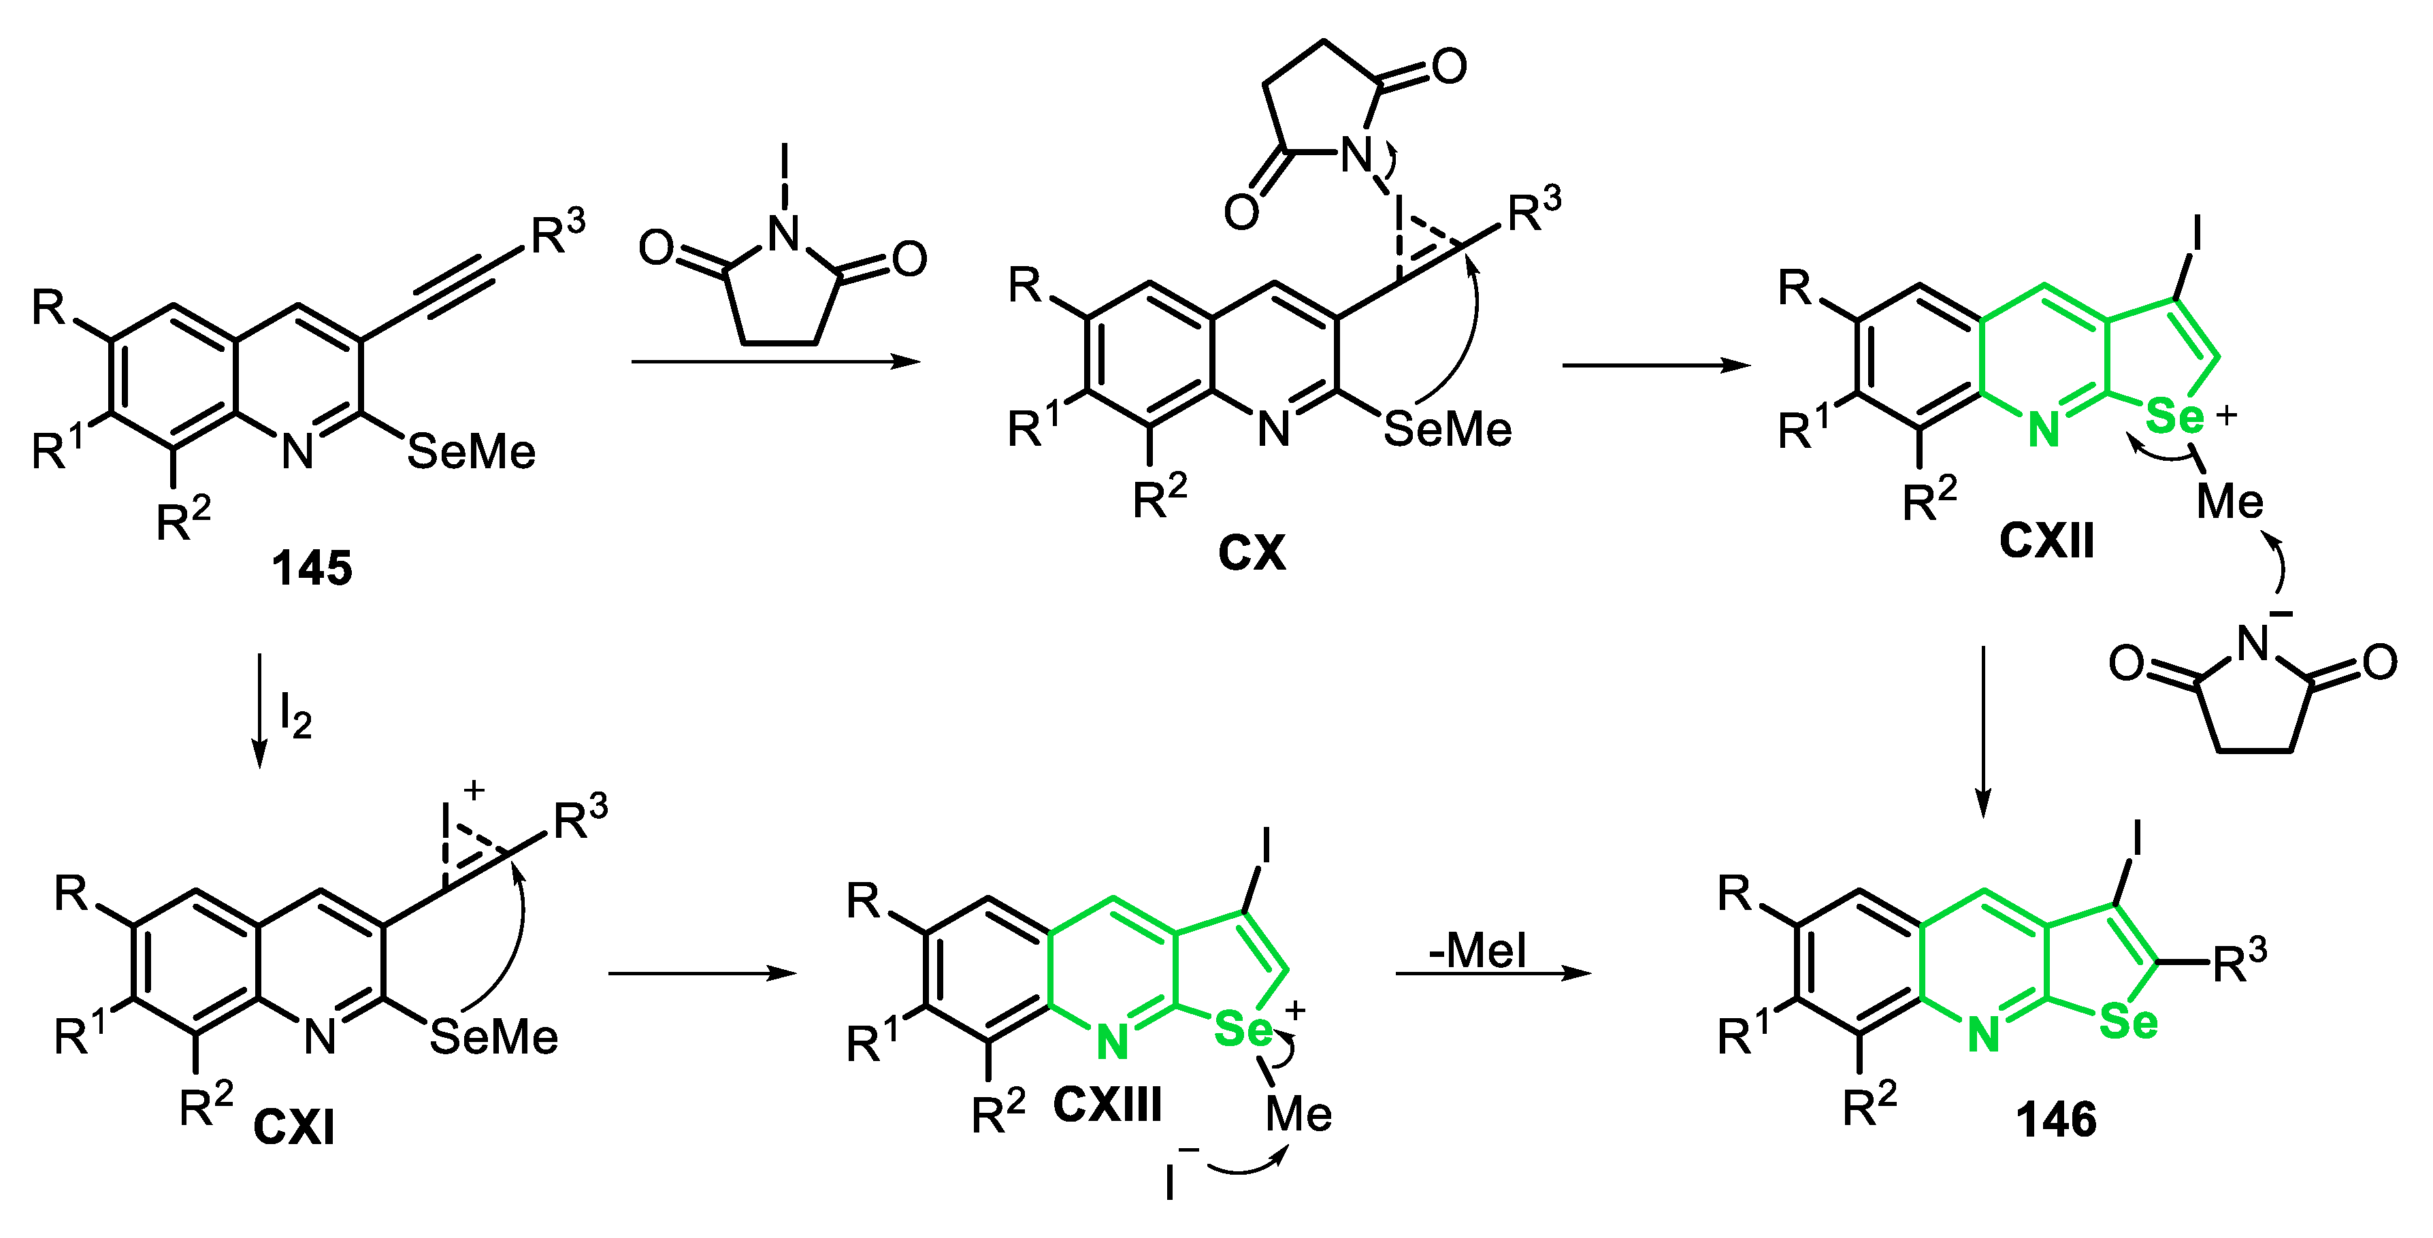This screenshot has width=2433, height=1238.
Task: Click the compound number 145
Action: click(x=312, y=568)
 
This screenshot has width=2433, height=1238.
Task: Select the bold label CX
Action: click(x=1252, y=553)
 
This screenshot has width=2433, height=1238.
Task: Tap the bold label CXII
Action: click(x=2046, y=541)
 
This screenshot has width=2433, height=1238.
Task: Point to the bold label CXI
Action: click(x=294, y=1126)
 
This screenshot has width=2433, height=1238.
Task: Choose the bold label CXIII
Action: click(x=1107, y=1104)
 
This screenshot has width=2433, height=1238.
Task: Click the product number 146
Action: click(x=2056, y=1120)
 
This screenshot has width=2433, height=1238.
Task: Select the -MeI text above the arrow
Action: click(x=1477, y=950)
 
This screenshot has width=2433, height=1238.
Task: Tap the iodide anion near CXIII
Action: click(x=1172, y=1180)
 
